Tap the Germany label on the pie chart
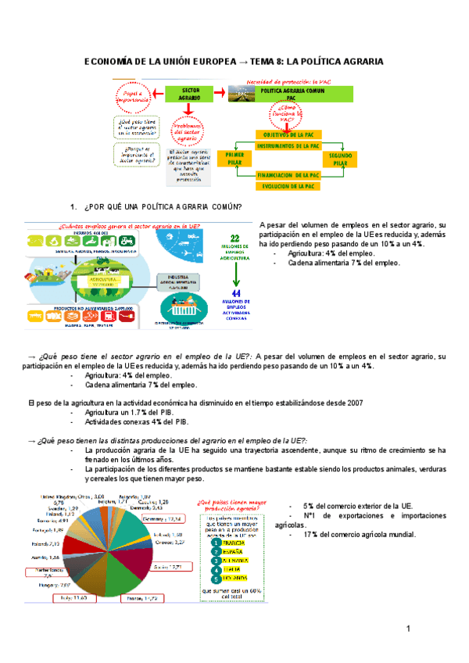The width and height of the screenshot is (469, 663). (164, 518)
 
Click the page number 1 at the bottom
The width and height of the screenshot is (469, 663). (408, 630)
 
